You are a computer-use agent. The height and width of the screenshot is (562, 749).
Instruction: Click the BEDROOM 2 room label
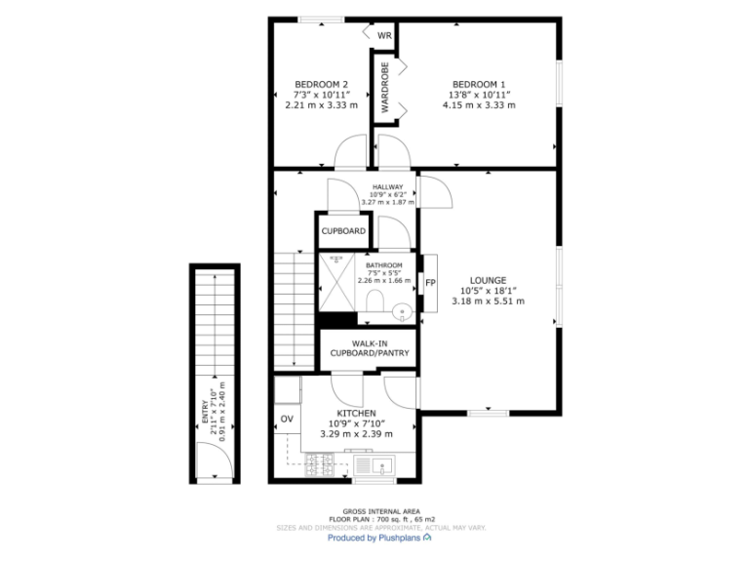(x=321, y=84)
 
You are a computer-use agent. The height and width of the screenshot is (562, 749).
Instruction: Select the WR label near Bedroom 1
(x=384, y=35)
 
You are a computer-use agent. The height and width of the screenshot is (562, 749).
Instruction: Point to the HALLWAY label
(x=387, y=186)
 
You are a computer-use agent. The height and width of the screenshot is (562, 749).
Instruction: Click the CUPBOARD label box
(x=343, y=231)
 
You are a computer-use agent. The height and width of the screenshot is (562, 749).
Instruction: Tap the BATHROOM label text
(x=383, y=265)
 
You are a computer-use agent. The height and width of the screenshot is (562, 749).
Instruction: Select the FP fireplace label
(x=429, y=284)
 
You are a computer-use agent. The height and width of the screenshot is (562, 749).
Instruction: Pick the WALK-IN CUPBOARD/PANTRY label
(x=370, y=347)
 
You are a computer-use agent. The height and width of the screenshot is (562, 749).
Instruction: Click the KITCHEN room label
(x=355, y=413)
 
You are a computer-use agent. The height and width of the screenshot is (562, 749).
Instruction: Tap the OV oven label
(x=287, y=420)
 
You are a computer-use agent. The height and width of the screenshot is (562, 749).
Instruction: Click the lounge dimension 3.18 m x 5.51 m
(x=488, y=301)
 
